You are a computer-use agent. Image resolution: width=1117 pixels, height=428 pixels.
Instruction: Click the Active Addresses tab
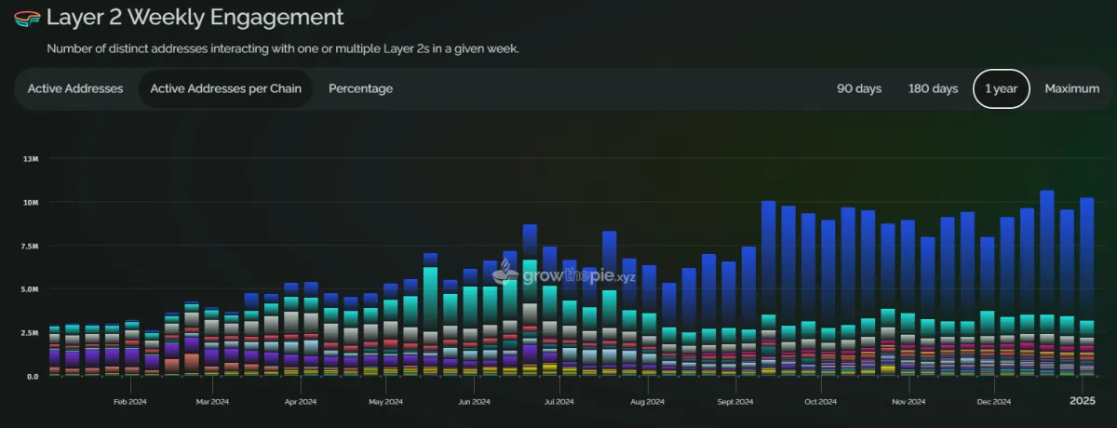click(x=75, y=89)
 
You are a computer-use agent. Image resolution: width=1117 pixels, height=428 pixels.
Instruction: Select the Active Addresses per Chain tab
click(x=225, y=89)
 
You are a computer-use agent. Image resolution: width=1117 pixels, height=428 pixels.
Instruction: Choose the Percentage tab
click(x=360, y=89)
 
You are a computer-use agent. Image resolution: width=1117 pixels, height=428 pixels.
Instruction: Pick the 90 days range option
click(x=859, y=89)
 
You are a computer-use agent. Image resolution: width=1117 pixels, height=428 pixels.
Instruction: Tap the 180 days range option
click(x=933, y=89)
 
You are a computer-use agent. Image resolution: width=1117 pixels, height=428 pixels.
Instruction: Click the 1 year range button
click(x=1002, y=89)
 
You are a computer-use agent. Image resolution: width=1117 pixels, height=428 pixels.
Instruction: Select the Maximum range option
click(x=1072, y=89)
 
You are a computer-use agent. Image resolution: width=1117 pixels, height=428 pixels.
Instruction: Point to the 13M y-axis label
click(x=31, y=159)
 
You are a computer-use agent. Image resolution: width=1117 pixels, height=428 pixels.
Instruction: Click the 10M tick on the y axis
click(x=31, y=203)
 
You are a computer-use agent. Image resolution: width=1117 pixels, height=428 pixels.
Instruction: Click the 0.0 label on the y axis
click(x=32, y=376)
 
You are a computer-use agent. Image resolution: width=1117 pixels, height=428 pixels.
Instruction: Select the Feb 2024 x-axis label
click(x=131, y=402)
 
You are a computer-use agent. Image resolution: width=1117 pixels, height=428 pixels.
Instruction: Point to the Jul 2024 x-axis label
click(x=558, y=402)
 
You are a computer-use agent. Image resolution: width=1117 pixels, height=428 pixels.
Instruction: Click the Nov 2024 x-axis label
click(x=908, y=402)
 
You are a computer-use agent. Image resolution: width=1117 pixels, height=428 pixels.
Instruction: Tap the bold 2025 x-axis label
click(x=1082, y=401)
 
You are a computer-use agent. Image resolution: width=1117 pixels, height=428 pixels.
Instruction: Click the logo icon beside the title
click(x=26, y=18)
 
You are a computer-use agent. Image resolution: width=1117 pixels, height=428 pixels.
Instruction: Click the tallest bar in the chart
click(x=1046, y=279)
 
